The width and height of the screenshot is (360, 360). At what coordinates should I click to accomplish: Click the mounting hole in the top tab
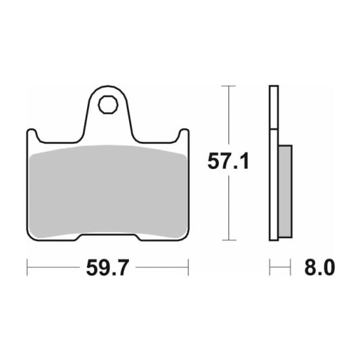point(107,105)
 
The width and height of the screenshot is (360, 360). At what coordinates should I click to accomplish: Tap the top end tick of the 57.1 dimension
point(229,86)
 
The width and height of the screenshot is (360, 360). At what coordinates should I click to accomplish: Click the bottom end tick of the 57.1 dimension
point(229,240)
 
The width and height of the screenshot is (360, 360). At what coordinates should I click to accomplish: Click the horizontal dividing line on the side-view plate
point(273,129)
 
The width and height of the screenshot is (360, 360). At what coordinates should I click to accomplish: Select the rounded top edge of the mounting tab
point(107,89)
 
